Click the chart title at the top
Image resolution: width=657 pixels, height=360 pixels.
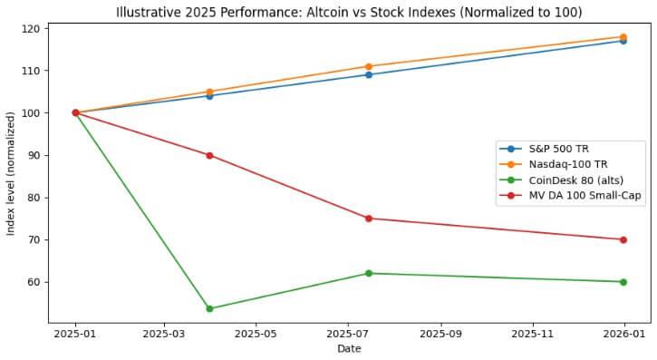[349, 12]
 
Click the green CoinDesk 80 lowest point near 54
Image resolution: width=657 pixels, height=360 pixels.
[210, 308]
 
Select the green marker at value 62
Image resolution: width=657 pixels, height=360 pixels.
[369, 273]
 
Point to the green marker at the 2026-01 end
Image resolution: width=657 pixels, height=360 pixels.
[623, 282]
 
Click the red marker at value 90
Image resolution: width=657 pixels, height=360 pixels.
[210, 155]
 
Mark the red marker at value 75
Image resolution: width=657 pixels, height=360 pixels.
[369, 219]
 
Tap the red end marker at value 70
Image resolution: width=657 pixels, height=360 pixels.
[623, 239]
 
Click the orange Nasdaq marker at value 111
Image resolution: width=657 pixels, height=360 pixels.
[369, 66]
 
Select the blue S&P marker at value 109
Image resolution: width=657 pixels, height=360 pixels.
[369, 74]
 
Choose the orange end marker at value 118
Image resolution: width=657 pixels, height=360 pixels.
[623, 36]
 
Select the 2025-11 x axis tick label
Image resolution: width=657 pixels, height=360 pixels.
[533, 332]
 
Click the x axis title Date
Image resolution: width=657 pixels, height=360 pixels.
[349, 348]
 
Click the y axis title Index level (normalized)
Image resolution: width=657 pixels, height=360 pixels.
[11, 173]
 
